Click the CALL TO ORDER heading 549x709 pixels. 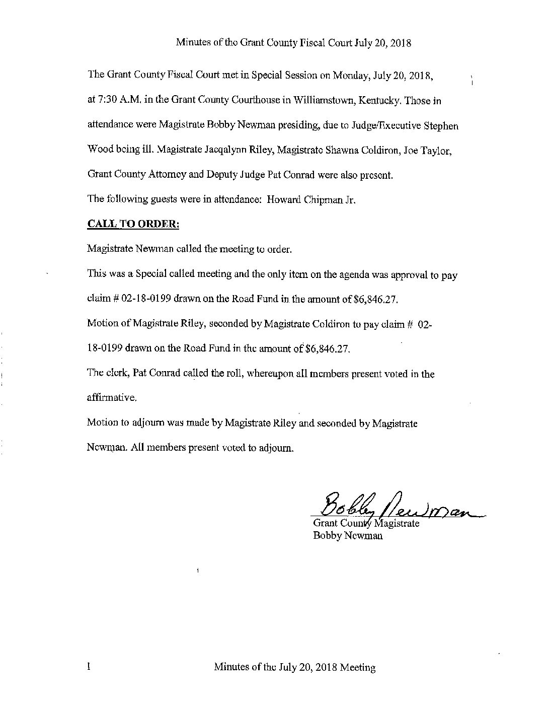tap(133, 224)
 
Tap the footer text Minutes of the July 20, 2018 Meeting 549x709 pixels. tap(295, 668)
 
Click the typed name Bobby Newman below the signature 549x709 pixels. tap(348, 536)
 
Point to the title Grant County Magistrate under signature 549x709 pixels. tap(366, 524)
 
